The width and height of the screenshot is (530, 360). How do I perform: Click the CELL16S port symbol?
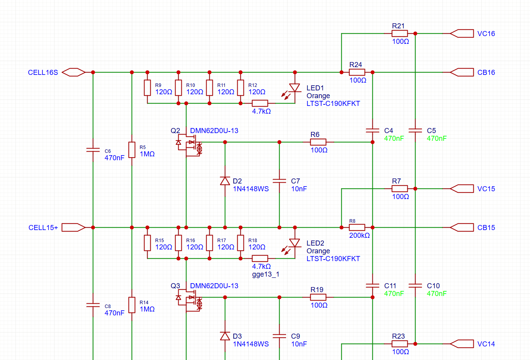click(74, 72)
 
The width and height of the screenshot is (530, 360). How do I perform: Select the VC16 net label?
click(486, 34)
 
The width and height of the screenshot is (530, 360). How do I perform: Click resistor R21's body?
click(400, 34)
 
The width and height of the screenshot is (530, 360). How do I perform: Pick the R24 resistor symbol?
click(357, 72)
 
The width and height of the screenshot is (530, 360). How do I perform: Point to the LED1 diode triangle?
click(295, 88)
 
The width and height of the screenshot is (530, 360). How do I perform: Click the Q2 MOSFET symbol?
click(189, 145)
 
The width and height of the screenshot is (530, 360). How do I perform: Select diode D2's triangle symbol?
click(225, 181)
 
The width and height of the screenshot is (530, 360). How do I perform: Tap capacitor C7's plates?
click(280, 181)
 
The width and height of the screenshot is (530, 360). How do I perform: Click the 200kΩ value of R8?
click(360, 235)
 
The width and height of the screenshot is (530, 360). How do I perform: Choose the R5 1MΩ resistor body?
click(132, 150)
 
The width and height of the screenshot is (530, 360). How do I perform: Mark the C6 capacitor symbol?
click(93, 150)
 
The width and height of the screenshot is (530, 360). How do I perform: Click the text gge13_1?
click(266, 274)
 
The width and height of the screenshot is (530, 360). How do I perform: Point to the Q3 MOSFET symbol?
click(189, 300)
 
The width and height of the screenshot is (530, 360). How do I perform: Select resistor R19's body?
click(318, 297)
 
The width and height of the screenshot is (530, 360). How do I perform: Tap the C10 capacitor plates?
click(415, 286)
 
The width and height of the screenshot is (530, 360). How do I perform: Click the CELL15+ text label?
click(43, 228)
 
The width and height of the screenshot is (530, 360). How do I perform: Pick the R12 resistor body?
click(241, 88)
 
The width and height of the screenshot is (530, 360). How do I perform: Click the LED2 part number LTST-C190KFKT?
click(333, 259)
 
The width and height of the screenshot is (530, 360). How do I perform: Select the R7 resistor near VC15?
click(400, 189)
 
